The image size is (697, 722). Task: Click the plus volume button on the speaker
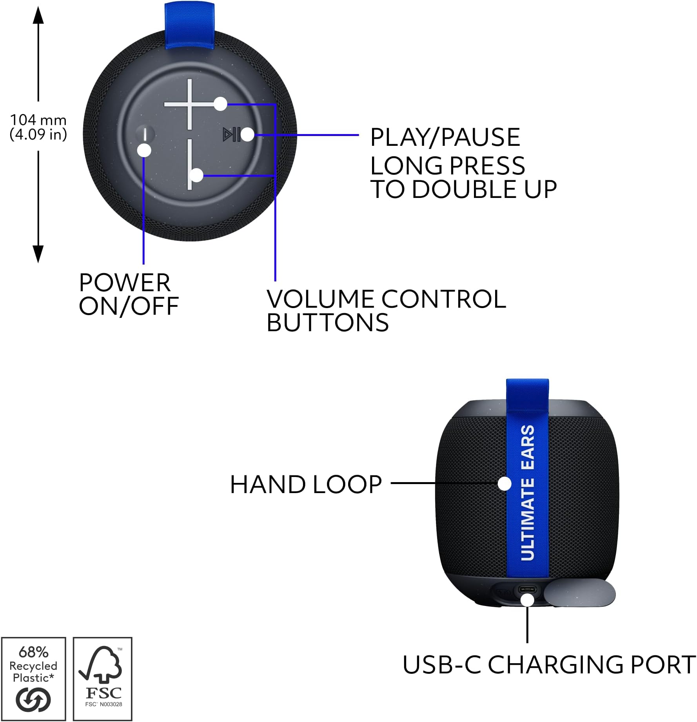[x=190, y=104]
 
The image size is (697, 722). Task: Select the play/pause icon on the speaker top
[x=231, y=134]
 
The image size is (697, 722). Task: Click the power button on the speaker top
[x=145, y=134]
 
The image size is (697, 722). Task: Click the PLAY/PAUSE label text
[x=445, y=137]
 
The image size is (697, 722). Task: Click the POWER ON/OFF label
[x=129, y=294]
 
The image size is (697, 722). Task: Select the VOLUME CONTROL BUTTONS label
[x=386, y=310]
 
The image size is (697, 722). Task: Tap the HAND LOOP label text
[x=306, y=484]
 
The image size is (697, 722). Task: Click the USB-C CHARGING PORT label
[x=549, y=665]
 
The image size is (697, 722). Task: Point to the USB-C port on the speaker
[x=528, y=590]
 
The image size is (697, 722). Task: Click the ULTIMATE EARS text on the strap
[x=528, y=492]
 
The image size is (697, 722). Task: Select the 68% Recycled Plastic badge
[x=34, y=678]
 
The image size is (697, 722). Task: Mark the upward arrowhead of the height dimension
[x=38, y=16]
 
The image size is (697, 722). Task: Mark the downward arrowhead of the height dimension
[x=38, y=254]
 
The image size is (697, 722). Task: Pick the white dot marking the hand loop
[x=505, y=483]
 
